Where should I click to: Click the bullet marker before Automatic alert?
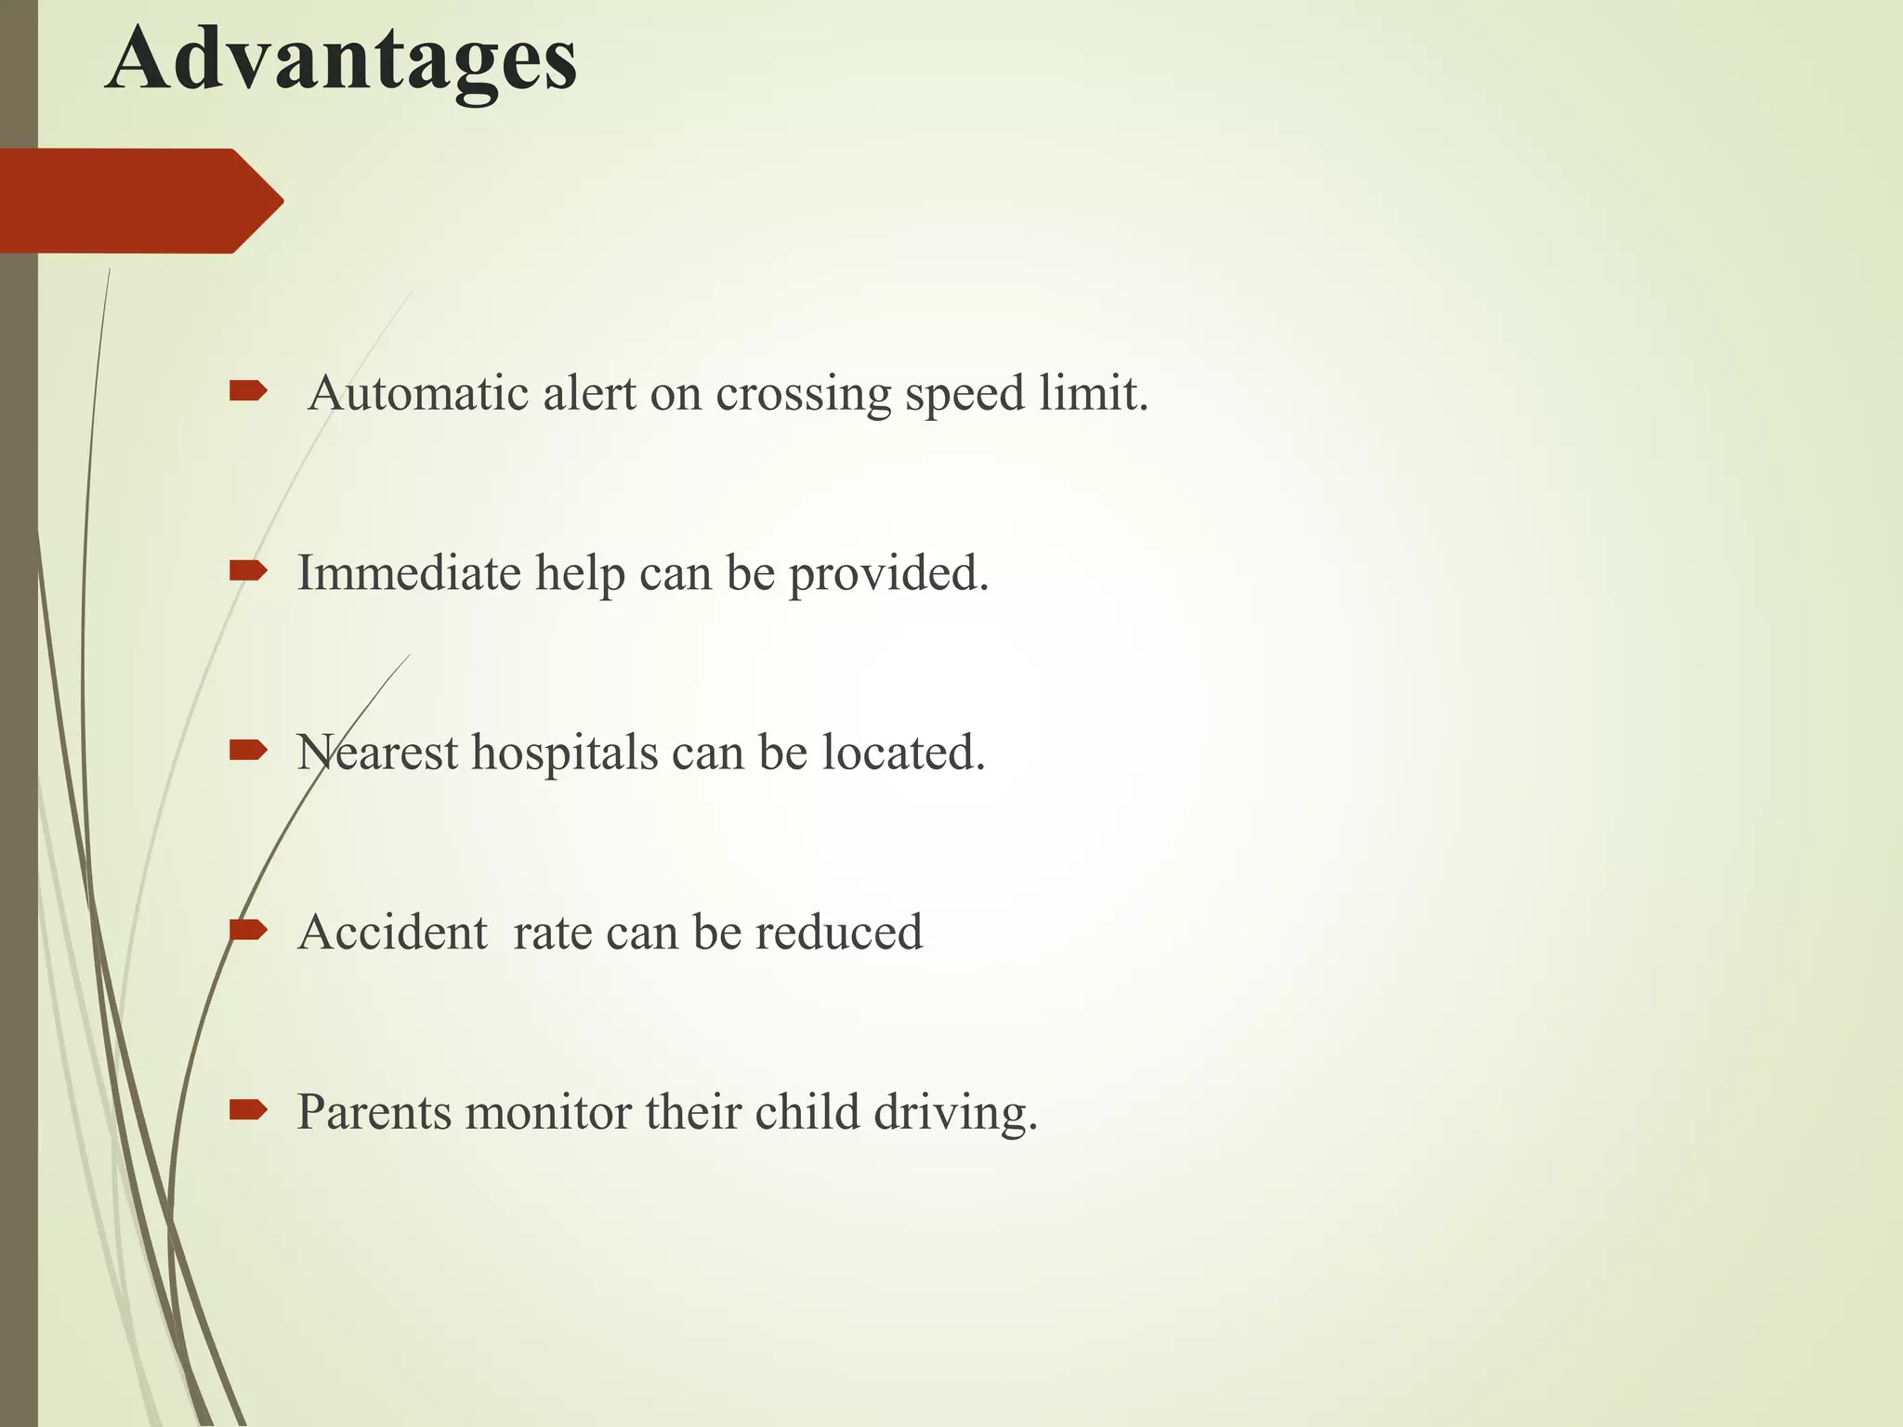(248, 391)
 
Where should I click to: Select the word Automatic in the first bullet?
(419, 393)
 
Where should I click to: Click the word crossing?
(803, 395)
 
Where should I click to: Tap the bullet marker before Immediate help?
(248, 570)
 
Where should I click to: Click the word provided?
(888, 574)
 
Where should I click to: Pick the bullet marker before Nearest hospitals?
(248, 750)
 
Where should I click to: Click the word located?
(902, 753)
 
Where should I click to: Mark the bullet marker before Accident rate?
(248, 930)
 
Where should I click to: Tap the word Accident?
(392, 932)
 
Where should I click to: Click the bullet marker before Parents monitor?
(248, 1109)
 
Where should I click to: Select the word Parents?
(374, 1112)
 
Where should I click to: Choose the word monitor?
(548, 1112)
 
